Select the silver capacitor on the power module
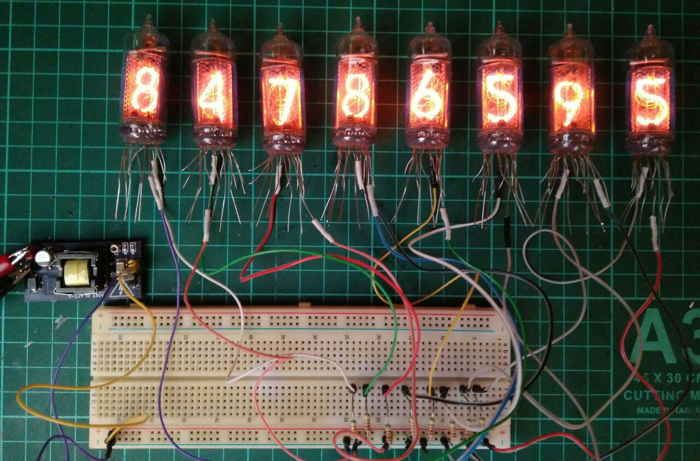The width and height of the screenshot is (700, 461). click(x=43, y=256)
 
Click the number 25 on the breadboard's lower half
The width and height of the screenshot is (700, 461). click(x=346, y=419)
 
